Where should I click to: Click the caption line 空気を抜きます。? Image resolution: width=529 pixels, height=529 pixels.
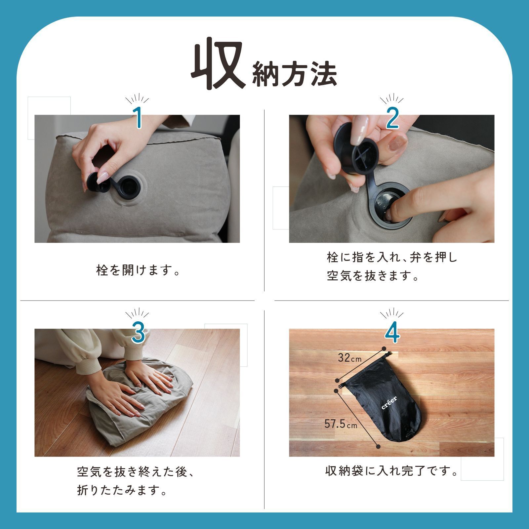coord(373,276)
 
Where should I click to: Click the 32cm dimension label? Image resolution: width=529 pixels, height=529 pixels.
coord(349,358)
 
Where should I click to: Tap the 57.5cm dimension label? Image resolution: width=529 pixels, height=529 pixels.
coord(341,424)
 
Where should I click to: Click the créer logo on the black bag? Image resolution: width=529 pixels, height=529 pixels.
coord(389,402)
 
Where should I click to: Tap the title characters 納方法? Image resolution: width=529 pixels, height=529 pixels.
coord(294,74)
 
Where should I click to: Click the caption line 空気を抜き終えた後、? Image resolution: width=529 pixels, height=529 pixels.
coord(135,472)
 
